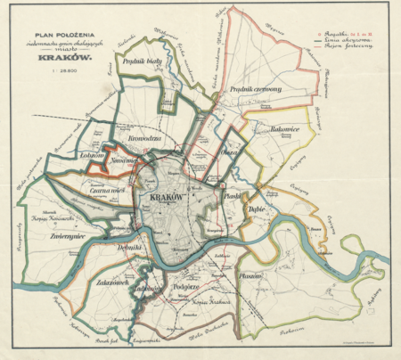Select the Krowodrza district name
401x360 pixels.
pyautogui.click(x=144, y=139)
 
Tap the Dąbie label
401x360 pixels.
pyautogui.click(x=258, y=209)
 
